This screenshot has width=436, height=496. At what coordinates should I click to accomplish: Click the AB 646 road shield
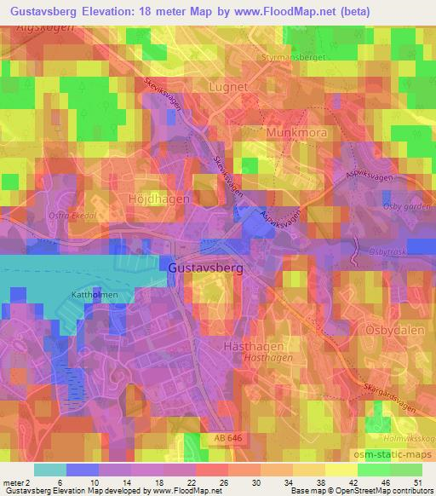click(x=229, y=437)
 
